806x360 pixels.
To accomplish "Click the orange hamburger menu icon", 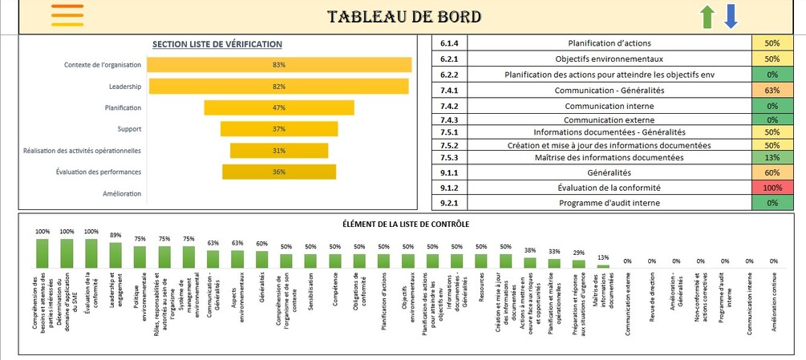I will coord(67,15).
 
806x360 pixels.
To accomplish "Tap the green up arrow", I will coord(707,17).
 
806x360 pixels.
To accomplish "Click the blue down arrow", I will coord(730,17).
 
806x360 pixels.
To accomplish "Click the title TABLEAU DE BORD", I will coord(404,17).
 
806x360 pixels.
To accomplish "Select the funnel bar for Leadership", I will coord(278,86).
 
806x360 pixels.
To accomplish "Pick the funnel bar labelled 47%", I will coord(278,107).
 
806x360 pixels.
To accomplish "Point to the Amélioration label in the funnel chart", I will coord(122,194).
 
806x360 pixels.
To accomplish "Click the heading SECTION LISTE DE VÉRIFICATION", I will coord(217,44).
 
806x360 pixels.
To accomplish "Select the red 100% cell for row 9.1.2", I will coord(772,188).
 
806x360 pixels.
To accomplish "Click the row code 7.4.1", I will coord(449,91).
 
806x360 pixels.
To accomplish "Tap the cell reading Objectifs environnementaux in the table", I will coord(610,59).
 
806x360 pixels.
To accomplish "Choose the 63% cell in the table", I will coord(772,91).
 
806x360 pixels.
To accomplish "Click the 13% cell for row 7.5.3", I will coord(772,158).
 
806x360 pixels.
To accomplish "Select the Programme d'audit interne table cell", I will coord(610,204).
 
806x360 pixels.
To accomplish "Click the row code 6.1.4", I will coord(449,43).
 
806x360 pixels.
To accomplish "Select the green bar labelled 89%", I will coord(115,255).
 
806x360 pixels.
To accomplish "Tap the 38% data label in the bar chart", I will coord(530,250).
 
